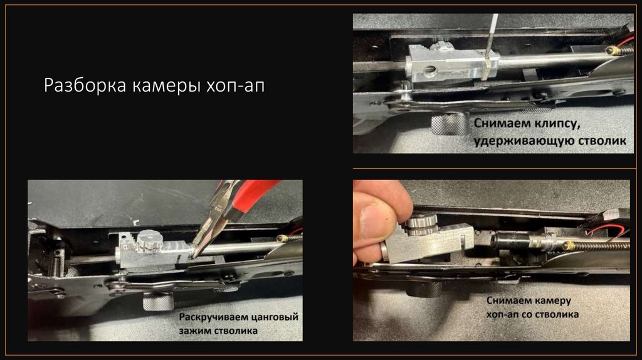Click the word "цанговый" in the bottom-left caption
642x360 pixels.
tap(275, 317)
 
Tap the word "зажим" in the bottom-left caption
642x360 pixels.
tap(194, 331)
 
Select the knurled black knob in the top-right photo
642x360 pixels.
tap(449, 124)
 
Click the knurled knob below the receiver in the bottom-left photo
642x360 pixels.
tap(158, 302)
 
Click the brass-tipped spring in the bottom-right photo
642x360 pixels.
tap(596, 246)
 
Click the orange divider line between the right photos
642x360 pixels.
tap(495, 168)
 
